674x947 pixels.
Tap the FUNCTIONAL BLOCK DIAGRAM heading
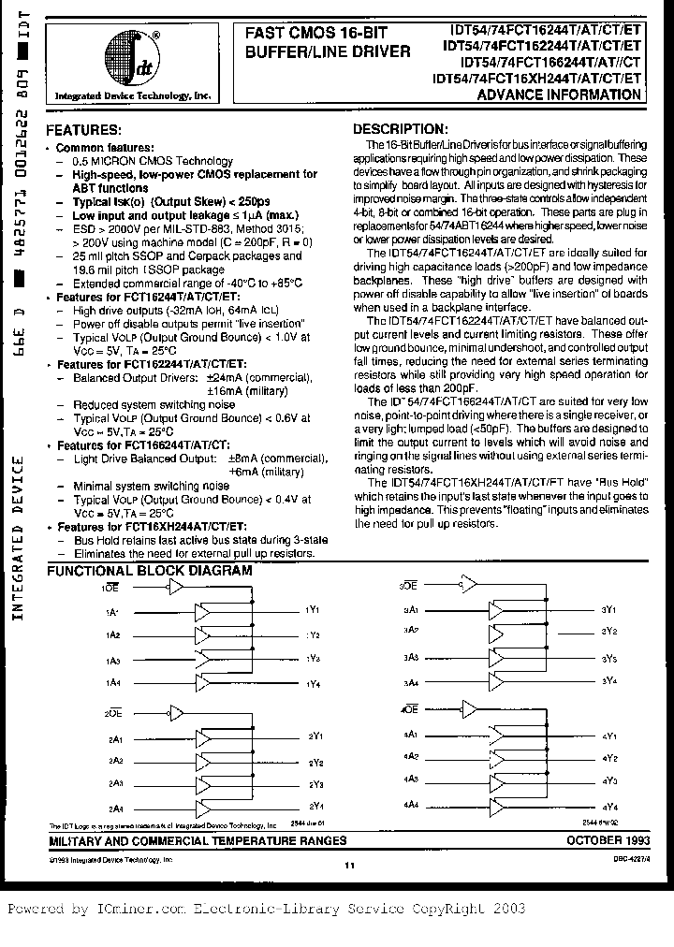pos(149,570)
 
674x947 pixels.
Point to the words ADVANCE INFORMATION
pos(574,95)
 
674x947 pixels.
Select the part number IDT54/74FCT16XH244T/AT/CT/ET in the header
pos(537,80)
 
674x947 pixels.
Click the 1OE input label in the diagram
pos(111,590)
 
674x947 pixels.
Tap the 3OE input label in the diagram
pos(408,585)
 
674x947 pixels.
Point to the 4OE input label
pos(408,712)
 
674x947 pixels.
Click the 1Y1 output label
pos(314,610)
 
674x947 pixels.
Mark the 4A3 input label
pos(410,779)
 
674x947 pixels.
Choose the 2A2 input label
pos(114,761)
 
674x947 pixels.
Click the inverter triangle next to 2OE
pos(174,713)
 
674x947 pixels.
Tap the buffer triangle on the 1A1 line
pos(201,613)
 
